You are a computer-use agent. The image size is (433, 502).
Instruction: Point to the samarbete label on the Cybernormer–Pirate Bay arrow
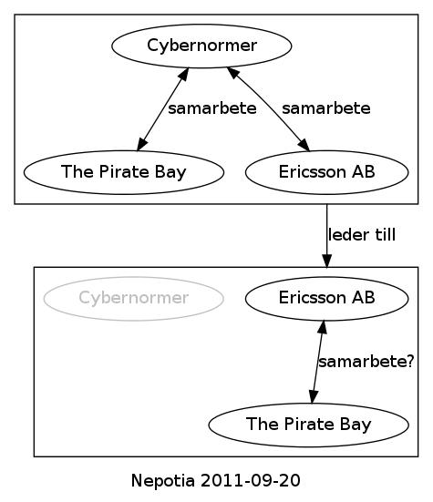(x=212, y=108)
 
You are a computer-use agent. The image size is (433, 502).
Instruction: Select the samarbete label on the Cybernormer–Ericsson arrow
(x=326, y=108)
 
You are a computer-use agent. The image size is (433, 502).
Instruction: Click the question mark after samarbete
(x=410, y=361)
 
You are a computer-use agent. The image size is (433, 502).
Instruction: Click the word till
(x=386, y=235)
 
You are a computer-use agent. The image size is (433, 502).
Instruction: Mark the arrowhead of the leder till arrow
(x=326, y=261)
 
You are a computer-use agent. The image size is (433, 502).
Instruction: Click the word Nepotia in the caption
(x=163, y=480)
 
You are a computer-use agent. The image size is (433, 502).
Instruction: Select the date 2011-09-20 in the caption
(x=251, y=480)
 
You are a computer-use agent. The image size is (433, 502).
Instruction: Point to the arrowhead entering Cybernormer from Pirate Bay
(x=183, y=74)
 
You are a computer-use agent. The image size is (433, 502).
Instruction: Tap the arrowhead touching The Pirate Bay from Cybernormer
(x=142, y=144)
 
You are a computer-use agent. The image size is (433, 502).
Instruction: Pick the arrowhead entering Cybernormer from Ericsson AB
(x=232, y=73)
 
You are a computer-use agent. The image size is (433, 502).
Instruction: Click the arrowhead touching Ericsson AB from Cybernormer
(x=304, y=145)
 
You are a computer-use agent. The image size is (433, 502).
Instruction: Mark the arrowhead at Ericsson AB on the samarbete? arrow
(x=322, y=327)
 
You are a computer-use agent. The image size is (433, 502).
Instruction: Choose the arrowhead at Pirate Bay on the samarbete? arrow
(x=314, y=396)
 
